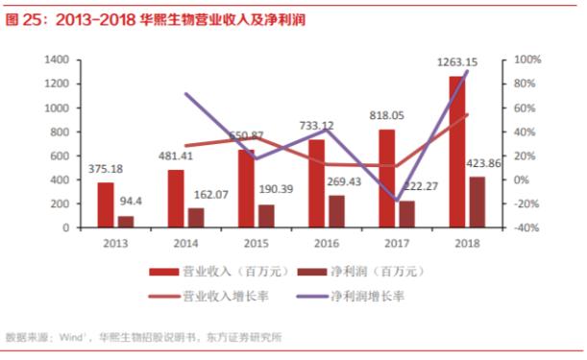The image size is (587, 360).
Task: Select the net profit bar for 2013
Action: pos(125,222)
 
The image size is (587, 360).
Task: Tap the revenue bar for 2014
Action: pos(175,199)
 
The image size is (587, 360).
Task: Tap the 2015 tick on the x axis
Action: pos(257,244)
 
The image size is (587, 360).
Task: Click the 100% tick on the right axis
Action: pos(527,60)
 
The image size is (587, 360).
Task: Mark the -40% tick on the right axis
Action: pos(527,228)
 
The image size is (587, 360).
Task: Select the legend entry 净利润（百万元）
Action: pos(379,273)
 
